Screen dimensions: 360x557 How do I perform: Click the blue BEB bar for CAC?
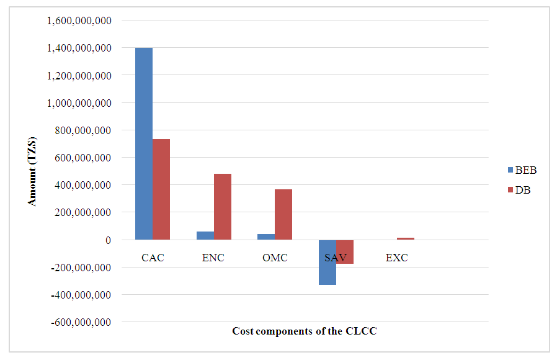pyautogui.click(x=144, y=143)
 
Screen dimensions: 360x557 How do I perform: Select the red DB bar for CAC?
pyautogui.click(x=161, y=189)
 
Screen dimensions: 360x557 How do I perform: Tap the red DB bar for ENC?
pyautogui.click(x=222, y=207)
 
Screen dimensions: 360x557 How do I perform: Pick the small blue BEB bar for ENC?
pyautogui.click(x=205, y=236)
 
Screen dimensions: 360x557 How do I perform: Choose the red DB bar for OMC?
pyautogui.click(x=283, y=214)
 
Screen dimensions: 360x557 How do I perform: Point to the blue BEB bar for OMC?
pyautogui.click(x=266, y=237)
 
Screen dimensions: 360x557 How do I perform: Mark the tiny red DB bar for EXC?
pyautogui.click(x=406, y=238)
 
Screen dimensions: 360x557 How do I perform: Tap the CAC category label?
pyautogui.click(x=153, y=258)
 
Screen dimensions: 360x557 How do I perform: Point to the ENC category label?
pyautogui.click(x=213, y=258)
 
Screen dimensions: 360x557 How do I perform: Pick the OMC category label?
pyautogui.click(x=275, y=258)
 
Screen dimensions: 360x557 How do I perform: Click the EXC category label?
pyautogui.click(x=396, y=258)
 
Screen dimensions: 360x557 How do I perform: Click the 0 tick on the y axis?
pyautogui.click(x=108, y=240)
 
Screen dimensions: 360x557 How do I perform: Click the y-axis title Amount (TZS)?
pyautogui.click(x=32, y=171)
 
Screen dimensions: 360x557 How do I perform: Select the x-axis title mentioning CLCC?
pyautogui.click(x=305, y=331)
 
